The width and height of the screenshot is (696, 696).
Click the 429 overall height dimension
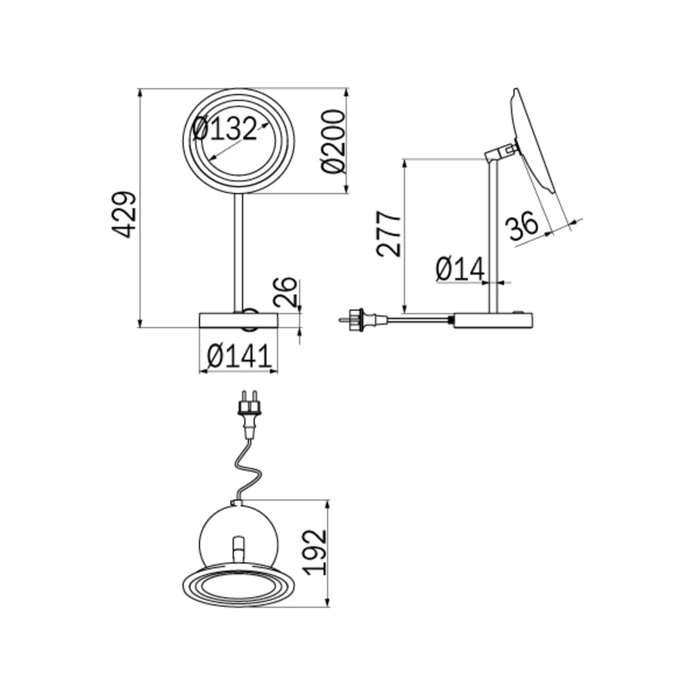click(x=125, y=214)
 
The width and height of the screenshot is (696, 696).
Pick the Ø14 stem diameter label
click(x=460, y=269)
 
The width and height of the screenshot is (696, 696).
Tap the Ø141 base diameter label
click(x=239, y=356)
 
